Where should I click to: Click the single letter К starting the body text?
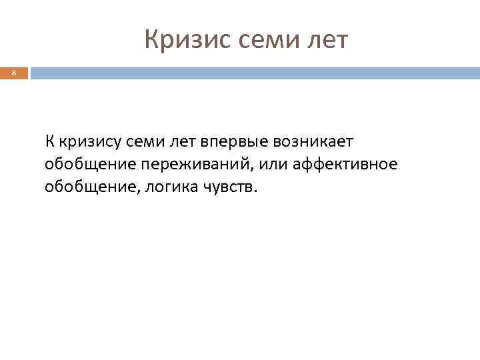tap(50, 141)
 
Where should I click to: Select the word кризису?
tap(89, 142)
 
